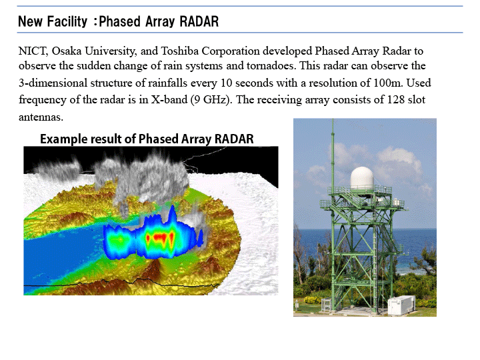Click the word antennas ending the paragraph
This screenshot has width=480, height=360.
click(40, 117)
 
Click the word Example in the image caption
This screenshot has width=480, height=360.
click(64, 139)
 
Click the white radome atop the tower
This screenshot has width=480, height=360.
click(363, 178)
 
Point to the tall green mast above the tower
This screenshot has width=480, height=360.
click(333, 153)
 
